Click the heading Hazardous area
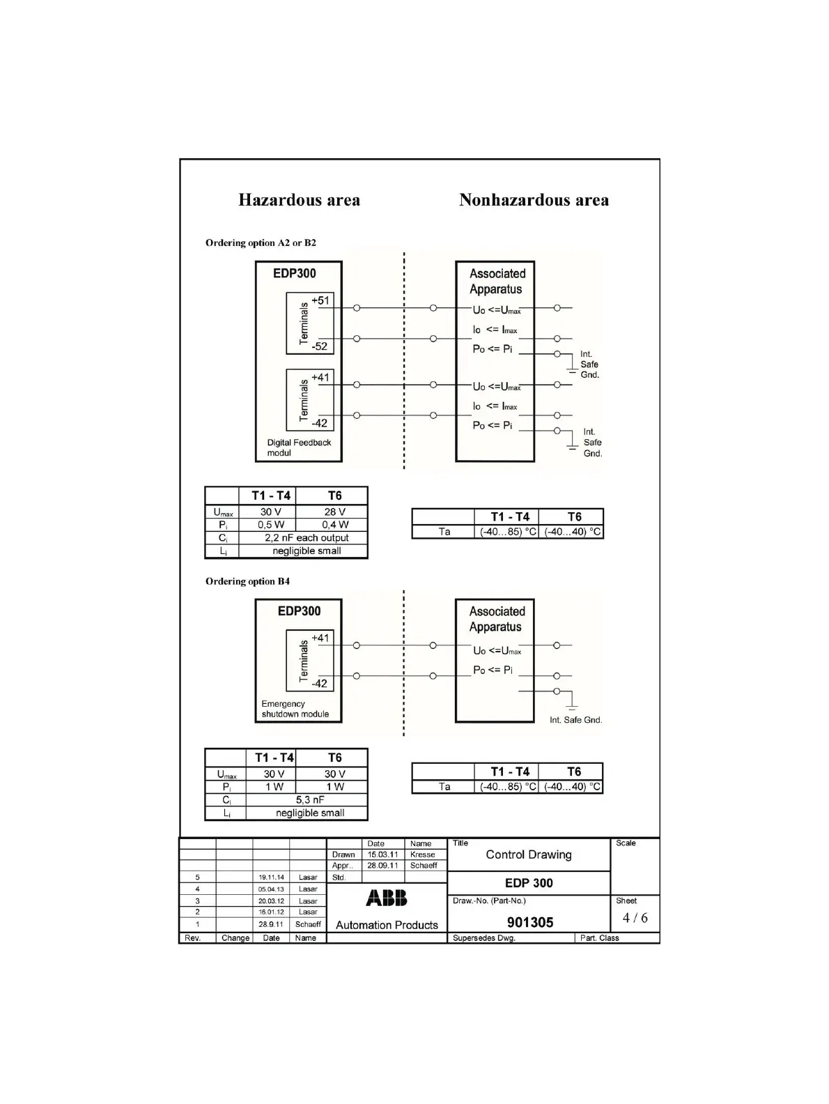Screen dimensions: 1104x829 299,200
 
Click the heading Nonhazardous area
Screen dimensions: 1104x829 534,200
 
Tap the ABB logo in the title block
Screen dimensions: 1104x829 387,898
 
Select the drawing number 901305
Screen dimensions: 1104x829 529,922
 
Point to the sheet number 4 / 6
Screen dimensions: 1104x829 635,917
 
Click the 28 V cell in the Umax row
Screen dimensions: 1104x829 334,512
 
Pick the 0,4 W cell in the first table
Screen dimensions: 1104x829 334,524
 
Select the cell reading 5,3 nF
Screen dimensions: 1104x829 310,799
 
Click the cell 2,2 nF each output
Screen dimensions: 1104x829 307,537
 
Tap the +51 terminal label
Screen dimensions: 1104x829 320,300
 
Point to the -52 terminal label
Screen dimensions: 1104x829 319,346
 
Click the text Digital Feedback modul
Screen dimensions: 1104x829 299,447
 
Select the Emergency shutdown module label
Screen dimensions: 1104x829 295,709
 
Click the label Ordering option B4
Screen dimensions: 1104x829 247,581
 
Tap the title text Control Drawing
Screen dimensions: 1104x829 528,854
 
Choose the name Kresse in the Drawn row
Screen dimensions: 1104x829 422,854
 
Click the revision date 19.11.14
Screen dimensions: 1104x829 271,877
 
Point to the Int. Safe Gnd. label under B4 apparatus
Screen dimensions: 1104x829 575,720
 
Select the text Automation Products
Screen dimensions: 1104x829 387,925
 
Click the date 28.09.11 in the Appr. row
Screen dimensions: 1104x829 382,866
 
